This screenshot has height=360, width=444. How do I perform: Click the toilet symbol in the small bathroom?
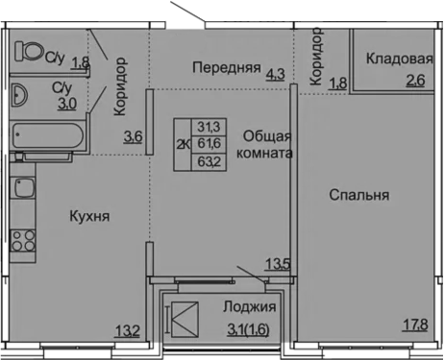[x=29, y=51]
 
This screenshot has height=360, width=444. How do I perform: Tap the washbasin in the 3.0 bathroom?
[x=19, y=95]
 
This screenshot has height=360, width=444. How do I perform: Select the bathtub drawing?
[x=48, y=135]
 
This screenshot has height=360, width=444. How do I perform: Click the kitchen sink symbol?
[x=24, y=188]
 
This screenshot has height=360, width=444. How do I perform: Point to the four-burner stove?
[x=23, y=241]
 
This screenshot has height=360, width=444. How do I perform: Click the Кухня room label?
[x=89, y=217]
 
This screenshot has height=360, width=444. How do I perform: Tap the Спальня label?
[x=359, y=195]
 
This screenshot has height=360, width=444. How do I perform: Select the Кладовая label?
[x=400, y=59]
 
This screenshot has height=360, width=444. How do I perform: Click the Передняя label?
[x=227, y=67]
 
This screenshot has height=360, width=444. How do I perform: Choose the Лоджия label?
[x=250, y=307]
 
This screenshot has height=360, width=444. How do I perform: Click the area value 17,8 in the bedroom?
[x=415, y=325]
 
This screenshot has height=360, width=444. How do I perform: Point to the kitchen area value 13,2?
[x=127, y=331]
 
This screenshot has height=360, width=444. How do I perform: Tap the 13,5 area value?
[x=278, y=265]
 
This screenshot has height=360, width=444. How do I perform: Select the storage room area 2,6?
[x=415, y=81]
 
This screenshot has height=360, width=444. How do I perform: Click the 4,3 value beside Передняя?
[x=275, y=74]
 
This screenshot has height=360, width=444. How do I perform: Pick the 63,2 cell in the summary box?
[x=209, y=161]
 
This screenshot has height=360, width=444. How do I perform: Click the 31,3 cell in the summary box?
[x=209, y=127]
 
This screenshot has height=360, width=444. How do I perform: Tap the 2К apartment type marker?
[x=183, y=145]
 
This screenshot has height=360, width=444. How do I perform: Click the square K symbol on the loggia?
[x=185, y=320]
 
